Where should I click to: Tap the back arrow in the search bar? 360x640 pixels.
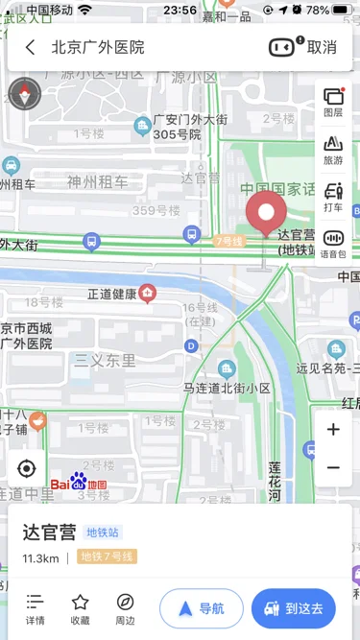pos(31,47)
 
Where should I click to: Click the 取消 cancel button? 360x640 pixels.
pos(322,47)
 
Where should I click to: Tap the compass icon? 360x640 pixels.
pos(22,93)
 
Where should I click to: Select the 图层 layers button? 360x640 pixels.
pos(333,102)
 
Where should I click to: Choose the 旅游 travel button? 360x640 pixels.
pos(333,150)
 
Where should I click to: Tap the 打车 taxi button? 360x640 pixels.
pos(333,196)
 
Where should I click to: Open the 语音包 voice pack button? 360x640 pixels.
pos(333,244)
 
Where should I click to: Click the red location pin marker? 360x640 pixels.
pos(266,213)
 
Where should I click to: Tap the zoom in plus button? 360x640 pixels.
pos(333,430)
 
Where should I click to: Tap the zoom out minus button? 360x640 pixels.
pos(333,468)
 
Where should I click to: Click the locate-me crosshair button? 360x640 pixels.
pos(26,468)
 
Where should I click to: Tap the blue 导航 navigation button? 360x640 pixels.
pos(202,608)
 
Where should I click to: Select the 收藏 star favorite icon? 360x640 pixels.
pos(81,608)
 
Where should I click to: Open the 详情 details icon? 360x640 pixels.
pos(36,608)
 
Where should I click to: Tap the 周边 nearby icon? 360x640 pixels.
pos(126,608)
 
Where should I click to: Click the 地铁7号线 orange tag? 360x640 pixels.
pos(108,557)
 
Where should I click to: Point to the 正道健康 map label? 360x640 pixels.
pos(112,294)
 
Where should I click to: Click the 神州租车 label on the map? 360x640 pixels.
pos(97,180)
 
